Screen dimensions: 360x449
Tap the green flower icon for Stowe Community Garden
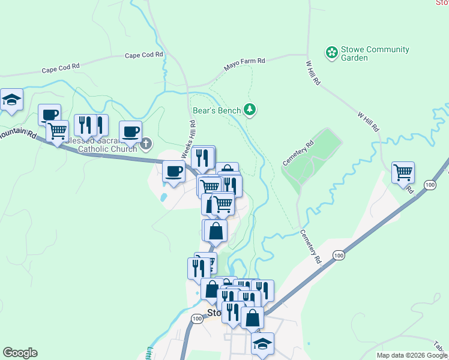coord(331,53)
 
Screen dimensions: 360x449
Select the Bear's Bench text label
coord(217,110)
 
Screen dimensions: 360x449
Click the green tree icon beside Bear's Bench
coord(250,109)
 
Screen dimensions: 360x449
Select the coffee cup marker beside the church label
coord(130,131)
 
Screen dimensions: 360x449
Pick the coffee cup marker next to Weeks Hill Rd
coord(174,172)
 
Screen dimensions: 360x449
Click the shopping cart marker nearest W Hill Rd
coord(403,173)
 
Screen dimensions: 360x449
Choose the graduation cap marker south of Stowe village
coord(262,344)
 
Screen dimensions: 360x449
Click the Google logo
coord(20,353)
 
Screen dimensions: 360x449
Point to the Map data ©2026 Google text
coord(412,355)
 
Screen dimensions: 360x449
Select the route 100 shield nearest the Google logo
coord(196,319)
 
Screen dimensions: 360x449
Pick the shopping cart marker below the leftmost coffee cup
coord(58,130)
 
